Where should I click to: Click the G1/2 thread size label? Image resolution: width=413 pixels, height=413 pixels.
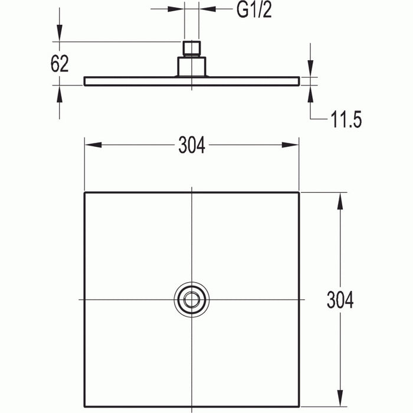pyautogui.click(x=254, y=11)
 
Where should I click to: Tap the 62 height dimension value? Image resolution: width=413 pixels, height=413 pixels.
pyautogui.click(x=60, y=63)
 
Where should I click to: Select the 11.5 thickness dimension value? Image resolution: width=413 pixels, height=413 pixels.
pyautogui.click(x=346, y=120)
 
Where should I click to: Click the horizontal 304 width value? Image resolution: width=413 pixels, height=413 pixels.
pyautogui.click(x=192, y=145)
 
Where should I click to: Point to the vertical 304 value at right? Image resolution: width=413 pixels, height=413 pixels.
pyautogui.click(x=340, y=300)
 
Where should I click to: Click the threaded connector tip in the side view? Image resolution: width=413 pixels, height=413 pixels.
pyautogui.click(x=192, y=48)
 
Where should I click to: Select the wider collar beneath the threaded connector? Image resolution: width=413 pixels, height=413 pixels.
pyautogui.click(x=192, y=66)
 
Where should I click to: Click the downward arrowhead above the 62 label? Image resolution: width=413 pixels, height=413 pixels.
pyautogui.click(x=59, y=35)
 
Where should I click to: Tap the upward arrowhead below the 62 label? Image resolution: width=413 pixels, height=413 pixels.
pyautogui.click(x=59, y=92)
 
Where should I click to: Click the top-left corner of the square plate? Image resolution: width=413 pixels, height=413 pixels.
pyautogui.click(x=85, y=193)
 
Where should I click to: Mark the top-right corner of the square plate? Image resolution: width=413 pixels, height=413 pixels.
pyautogui.click(x=299, y=193)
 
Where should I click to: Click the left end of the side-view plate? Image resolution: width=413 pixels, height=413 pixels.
pyautogui.click(x=85, y=81)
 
